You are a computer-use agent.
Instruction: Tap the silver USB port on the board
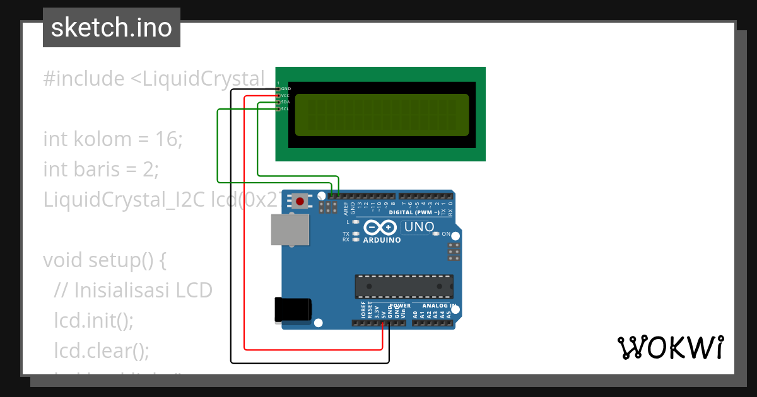[x=290, y=229]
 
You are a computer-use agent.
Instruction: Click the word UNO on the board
[x=420, y=227]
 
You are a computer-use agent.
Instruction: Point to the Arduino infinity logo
[x=381, y=227]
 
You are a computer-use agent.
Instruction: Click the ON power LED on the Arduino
[x=436, y=234]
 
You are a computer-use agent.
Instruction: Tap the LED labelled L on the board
[x=356, y=222]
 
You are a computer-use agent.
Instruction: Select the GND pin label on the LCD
[x=285, y=89]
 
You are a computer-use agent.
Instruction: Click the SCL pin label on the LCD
[x=285, y=109]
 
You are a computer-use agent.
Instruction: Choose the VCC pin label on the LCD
[x=285, y=96]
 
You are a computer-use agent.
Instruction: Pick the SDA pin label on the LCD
[x=285, y=102]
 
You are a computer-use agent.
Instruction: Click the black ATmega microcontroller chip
[x=404, y=285]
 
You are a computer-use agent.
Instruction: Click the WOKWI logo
[x=670, y=347]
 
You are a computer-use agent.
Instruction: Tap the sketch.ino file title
[x=112, y=28]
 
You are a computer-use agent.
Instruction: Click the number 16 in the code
[x=168, y=139]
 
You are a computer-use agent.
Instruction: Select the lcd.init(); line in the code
[x=94, y=320]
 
